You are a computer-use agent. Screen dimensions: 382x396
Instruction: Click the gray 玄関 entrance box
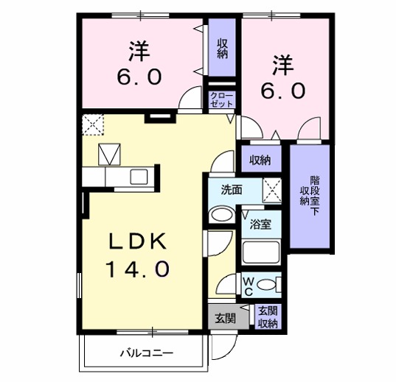(x=225, y=318)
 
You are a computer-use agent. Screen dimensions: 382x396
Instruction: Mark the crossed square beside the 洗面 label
(x=271, y=191)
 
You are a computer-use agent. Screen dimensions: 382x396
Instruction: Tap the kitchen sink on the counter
(x=138, y=177)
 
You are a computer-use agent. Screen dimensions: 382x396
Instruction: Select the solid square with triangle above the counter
(x=110, y=154)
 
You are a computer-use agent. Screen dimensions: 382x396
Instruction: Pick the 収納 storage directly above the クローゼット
(x=221, y=48)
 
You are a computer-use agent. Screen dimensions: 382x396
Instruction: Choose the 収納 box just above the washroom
(x=259, y=160)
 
